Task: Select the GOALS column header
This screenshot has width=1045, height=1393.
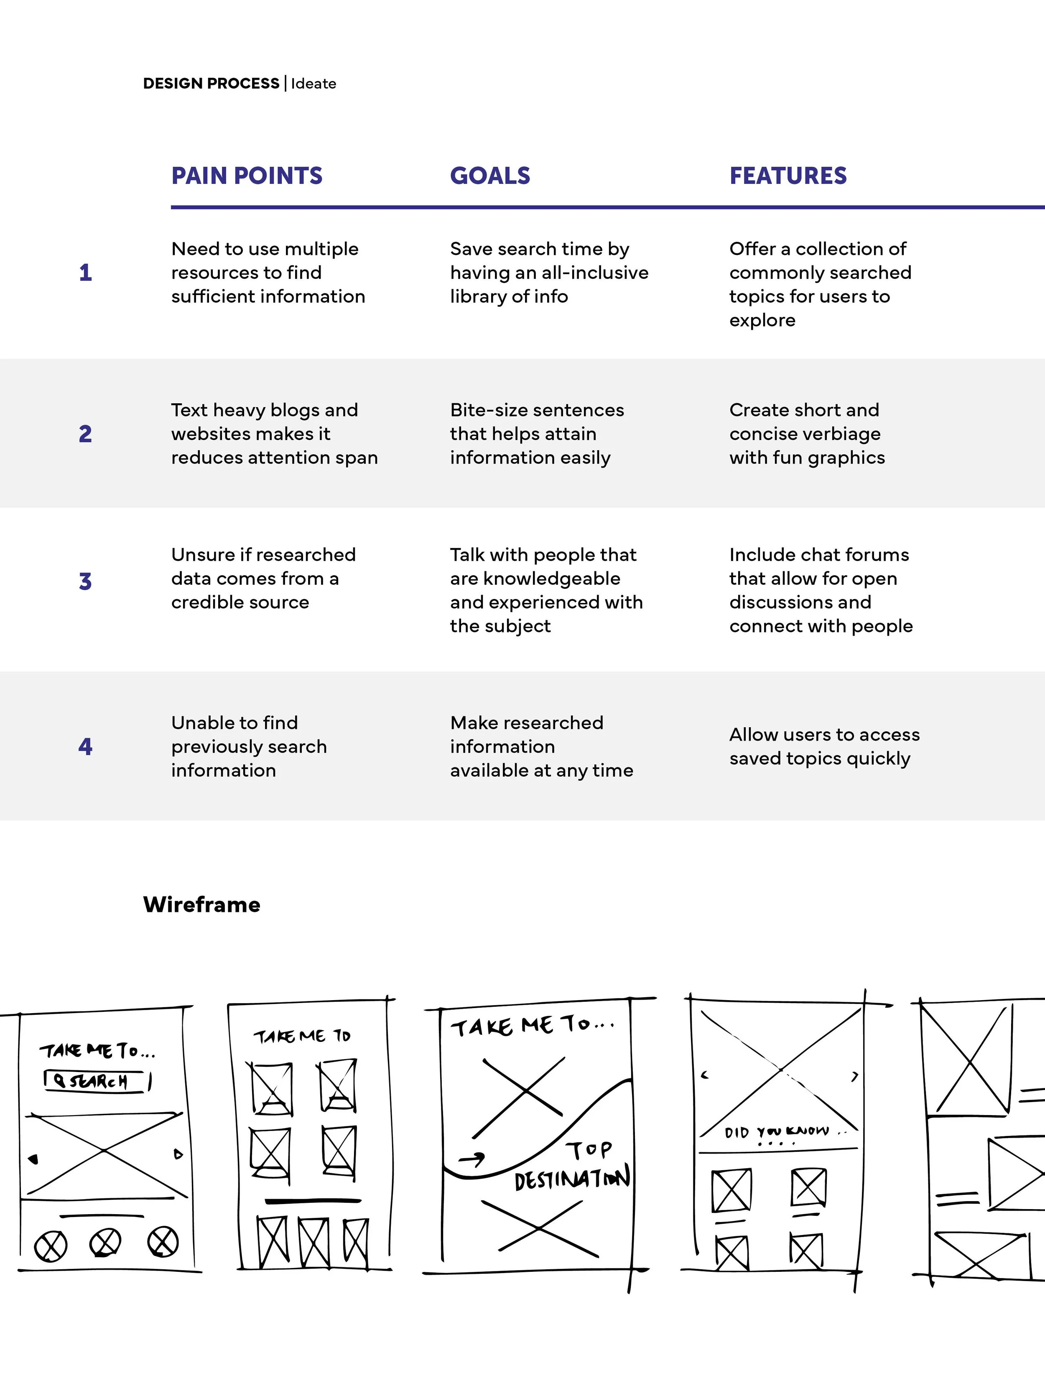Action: [490, 176]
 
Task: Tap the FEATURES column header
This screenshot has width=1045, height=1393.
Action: [788, 176]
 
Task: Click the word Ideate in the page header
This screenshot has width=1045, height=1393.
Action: [313, 84]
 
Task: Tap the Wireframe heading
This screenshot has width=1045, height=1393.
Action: [201, 904]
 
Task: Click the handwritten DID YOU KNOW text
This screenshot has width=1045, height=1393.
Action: [777, 1132]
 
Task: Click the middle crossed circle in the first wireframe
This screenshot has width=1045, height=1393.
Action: [105, 1243]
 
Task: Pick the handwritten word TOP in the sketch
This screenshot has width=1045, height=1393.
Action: [589, 1149]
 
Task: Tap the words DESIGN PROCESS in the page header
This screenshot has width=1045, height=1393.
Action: [211, 84]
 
